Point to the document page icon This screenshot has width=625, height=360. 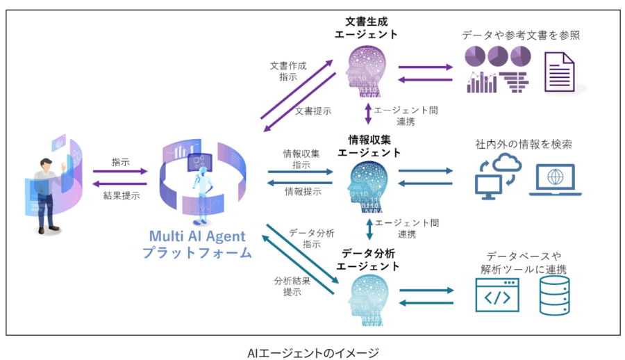(559, 72)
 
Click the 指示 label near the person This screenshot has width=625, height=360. (120, 162)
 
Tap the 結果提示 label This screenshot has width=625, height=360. (120, 195)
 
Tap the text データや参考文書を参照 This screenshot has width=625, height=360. (521, 34)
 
